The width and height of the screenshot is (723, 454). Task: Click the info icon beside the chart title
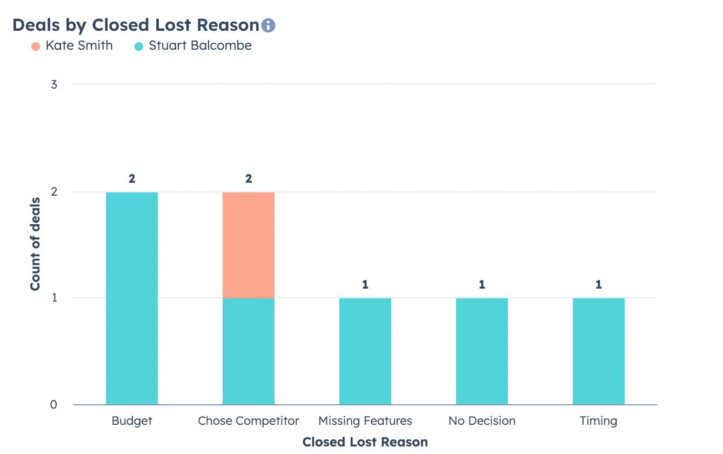(x=268, y=25)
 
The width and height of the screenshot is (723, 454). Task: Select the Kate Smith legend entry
(x=72, y=46)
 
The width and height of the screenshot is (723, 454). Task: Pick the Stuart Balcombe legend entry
(x=193, y=46)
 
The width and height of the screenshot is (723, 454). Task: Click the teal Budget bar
(x=132, y=298)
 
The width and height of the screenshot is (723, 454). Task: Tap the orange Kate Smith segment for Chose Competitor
(x=249, y=245)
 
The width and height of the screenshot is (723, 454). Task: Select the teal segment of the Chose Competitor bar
(x=249, y=351)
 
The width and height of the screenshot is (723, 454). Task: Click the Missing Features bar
(x=365, y=351)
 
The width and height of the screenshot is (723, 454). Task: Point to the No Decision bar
(x=482, y=351)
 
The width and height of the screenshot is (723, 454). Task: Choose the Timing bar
(x=599, y=351)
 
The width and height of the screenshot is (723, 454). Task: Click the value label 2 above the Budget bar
(x=132, y=179)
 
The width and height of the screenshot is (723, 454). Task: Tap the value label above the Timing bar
(x=599, y=285)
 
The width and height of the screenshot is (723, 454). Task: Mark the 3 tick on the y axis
(x=54, y=84)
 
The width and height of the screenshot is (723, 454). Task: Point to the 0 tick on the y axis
(x=54, y=404)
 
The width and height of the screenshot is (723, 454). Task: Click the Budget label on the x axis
(x=132, y=420)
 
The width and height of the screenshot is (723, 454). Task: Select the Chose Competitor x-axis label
(x=249, y=420)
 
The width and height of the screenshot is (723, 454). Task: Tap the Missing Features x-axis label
(x=365, y=420)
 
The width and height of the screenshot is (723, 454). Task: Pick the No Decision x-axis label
(x=482, y=420)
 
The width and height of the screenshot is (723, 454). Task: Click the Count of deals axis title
(x=36, y=244)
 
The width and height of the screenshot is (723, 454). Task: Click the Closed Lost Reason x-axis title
(x=365, y=442)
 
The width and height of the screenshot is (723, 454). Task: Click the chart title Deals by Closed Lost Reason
(x=136, y=25)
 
